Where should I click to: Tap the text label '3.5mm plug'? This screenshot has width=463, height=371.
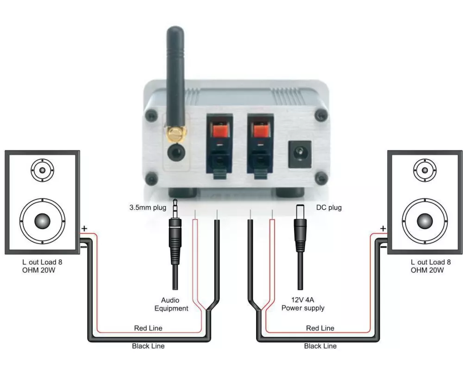(147, 207)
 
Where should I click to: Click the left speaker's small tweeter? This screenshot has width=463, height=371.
(42, 170)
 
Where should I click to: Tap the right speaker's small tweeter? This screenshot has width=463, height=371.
(425, 170)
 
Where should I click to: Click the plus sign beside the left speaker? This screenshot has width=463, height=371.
(84, 228)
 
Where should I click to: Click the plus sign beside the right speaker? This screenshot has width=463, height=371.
(383, 228)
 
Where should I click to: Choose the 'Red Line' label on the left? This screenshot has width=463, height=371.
(148, 328)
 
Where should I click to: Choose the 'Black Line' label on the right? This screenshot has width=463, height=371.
(320, 346)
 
